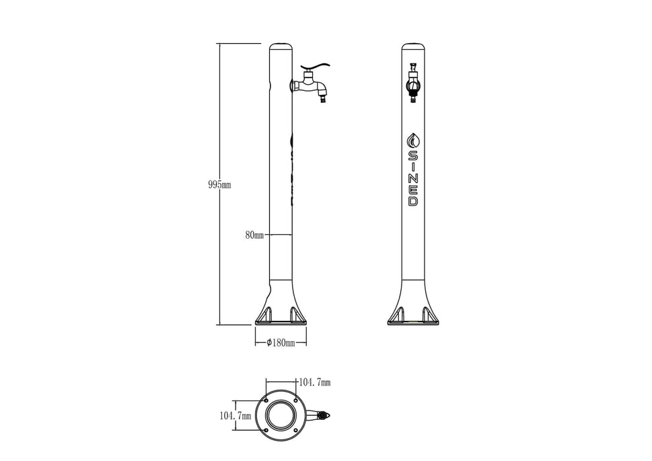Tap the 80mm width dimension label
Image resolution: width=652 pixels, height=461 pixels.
254,236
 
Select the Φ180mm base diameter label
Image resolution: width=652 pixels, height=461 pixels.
281,343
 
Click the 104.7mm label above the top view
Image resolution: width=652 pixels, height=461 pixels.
315,382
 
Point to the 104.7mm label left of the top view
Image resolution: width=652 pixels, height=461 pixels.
236,416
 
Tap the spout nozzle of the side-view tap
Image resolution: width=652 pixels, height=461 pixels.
324,101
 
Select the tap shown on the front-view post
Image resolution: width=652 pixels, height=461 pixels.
413,86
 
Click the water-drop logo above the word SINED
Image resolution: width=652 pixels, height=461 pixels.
413,141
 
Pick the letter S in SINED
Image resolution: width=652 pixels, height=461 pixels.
413,155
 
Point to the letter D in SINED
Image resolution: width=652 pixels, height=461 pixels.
413,201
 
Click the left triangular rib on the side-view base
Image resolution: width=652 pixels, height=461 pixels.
265,314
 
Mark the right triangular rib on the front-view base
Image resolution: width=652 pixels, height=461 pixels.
427,314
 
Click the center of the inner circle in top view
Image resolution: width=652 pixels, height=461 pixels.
280,416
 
